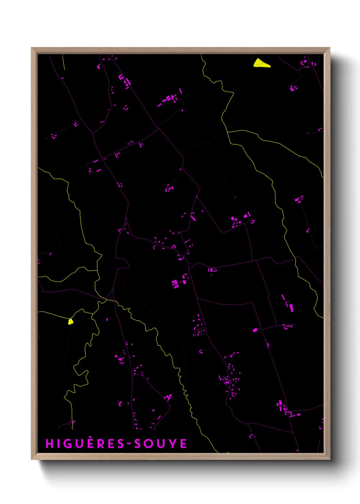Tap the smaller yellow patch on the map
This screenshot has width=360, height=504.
tap(70, 321)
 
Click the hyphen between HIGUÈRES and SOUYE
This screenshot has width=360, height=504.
tap(129, 444)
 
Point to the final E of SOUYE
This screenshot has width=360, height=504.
tap(183, 443)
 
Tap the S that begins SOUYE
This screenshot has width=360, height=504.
tap(138, 443)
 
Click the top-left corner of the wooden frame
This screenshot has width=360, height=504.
tap(32, 48)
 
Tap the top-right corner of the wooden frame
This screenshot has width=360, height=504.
tap(329, 48)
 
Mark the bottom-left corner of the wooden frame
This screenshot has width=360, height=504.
tap(32, 459)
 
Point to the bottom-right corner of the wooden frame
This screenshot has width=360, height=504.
tap(329, 459)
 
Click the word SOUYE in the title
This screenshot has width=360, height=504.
tap(161, 443)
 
